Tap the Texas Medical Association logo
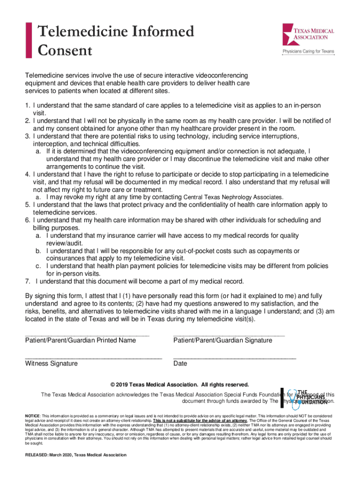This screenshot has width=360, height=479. point(308,34)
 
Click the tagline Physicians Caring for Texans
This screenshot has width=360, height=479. point(308,51)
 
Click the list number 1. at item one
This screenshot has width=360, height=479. point(28,106)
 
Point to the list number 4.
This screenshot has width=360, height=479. point(28,174)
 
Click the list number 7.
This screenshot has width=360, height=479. point(28,281)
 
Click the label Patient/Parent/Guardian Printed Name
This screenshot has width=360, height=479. point(80,340)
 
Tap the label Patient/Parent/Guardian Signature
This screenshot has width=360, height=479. point(223,340)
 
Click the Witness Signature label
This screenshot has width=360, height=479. point(51,363)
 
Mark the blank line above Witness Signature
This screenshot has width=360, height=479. point(94,357)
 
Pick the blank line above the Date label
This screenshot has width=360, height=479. point(234,357)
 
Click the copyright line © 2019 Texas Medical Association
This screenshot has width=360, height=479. point(180,385)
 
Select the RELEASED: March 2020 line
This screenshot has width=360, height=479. point(76,455)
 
